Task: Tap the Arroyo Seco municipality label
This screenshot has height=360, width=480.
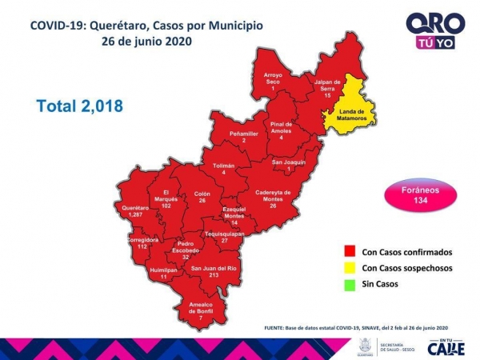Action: point(274,79)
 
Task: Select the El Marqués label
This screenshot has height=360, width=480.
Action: point(166,198)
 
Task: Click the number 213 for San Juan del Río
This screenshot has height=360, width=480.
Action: point(213,274)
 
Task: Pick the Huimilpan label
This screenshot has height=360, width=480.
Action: point(163,272)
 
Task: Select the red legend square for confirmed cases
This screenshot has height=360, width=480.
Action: point(348,252)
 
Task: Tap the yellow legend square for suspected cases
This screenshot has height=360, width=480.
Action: point(348,268)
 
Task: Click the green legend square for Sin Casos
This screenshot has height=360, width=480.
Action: point(348,283)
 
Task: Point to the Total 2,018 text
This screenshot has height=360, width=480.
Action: point(80,105)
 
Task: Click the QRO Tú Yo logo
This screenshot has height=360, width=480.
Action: point(430,30)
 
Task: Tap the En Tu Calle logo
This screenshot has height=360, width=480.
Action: point(446,346)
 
